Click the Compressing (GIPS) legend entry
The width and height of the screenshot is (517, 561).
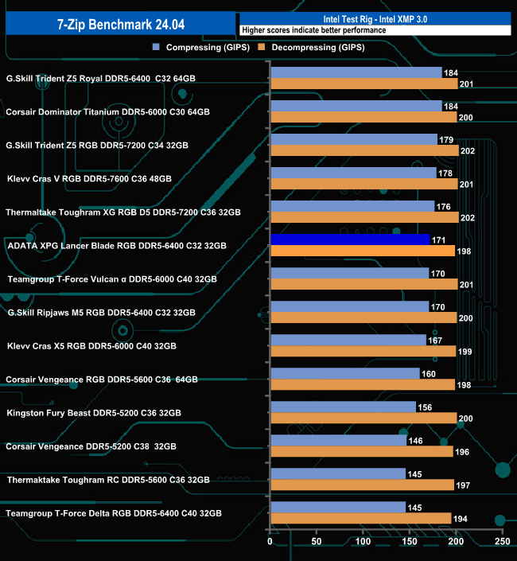[202, 48]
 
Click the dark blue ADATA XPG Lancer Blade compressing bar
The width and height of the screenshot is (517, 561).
[350, 240]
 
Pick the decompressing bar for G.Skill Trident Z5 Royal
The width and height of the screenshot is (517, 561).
[364, 84]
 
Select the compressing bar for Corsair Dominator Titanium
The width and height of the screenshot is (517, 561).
[356, 106]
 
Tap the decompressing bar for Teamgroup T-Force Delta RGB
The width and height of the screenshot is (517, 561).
[361, 519]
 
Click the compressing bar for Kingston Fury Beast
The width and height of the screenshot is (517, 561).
[344, 407]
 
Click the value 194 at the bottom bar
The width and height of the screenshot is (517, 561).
[461, 519]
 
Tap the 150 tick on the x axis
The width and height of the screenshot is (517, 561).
[410, 542]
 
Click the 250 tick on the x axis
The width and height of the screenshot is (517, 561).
[502, 542]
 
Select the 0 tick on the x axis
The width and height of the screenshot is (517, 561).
[270, 542]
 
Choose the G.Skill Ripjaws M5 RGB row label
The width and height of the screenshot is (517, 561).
[100, 313]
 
